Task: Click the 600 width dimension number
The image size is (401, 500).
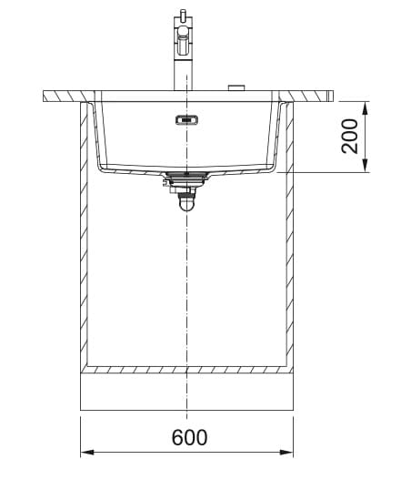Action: [189, 437]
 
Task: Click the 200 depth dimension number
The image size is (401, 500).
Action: [349, 137]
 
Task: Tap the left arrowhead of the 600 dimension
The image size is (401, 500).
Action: [87, 452]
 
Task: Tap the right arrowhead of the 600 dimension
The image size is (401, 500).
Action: [286, 452]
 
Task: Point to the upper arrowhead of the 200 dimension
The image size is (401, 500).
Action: [365, 108]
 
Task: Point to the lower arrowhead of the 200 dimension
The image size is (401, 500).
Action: [365, 166]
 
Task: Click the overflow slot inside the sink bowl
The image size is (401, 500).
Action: [186, 120]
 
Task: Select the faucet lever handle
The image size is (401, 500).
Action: [183, 42]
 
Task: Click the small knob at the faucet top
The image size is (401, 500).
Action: [183, 14]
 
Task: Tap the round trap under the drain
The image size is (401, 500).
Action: [186, 203]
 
